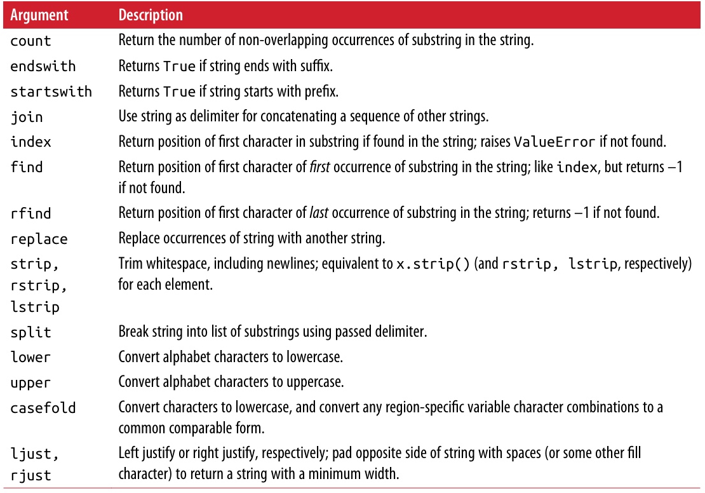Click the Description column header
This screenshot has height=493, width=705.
[x=151, y=15]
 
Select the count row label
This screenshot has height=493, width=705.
[x=30, y=41]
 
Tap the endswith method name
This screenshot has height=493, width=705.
[x=43, y=66]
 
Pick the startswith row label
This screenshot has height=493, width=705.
[x=51, y=91]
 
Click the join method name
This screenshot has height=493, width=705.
[x=27, y=117]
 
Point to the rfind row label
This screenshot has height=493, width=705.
[x=30, y=213]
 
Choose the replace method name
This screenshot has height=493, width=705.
[x=39, y=240]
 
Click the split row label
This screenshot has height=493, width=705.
[x=30, y=332]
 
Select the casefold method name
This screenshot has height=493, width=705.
[x=43, y=408]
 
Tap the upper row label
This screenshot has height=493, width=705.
[x=30, y=383]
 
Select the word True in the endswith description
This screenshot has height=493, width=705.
[x=179, y=66]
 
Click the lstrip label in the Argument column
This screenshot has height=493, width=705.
[x=34, y=307]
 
